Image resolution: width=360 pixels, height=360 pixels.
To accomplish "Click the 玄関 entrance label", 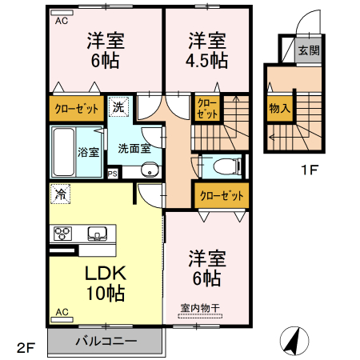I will (x=308, y=50).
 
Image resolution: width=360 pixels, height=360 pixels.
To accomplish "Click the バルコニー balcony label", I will (x=106, y=340).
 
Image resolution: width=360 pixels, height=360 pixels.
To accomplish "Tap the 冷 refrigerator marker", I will (x=59, y=193).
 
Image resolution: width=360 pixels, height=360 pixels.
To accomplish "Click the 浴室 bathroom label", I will (x=88, y=151).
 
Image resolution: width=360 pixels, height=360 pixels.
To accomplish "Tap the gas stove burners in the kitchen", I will (x=62, y=234).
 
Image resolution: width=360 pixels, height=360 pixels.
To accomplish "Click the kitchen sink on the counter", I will (x=98, y=234).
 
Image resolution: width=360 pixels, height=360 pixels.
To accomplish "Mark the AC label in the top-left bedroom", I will (x=61, y=22).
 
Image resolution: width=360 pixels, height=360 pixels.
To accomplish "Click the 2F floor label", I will (x=26, y=348).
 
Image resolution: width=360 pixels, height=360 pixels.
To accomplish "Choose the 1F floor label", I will (x=310, y=170).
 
